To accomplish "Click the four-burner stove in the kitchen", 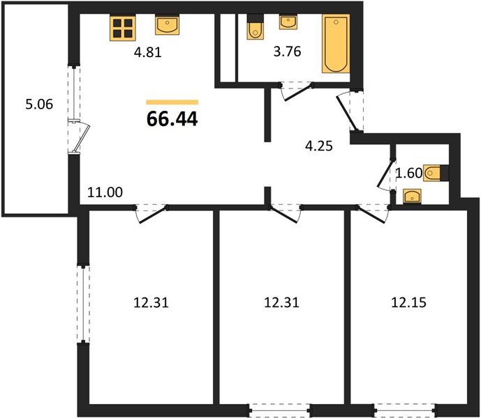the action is click(x=122, y=28).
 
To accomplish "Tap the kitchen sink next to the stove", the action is click(x=167, y=25).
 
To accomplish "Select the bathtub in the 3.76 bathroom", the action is click(x=336, y=43).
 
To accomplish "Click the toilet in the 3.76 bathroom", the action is click(x=256, y=26).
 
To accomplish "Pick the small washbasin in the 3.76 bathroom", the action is click(x=288, y=23).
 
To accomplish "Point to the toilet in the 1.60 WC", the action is click(x=436, y=173).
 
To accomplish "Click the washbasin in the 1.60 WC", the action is click(x=412, y=196).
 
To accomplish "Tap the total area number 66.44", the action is click(x=172, y=119).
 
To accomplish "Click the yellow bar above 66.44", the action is click(x=172, y=102).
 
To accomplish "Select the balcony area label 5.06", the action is click(x=39, y=104).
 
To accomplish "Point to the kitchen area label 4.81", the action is click(x=147, y=52).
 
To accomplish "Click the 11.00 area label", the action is click(x=105, y=192).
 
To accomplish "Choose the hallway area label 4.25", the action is click(x=319, y=146).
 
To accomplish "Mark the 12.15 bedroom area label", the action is click(x=408, y=302).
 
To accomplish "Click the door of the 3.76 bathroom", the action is click(x=297, y=92).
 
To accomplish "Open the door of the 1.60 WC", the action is click(x=385, y=174).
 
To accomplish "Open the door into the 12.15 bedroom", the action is click(x=373, y=215).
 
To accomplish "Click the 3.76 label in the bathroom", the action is click(x=287, y=52).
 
